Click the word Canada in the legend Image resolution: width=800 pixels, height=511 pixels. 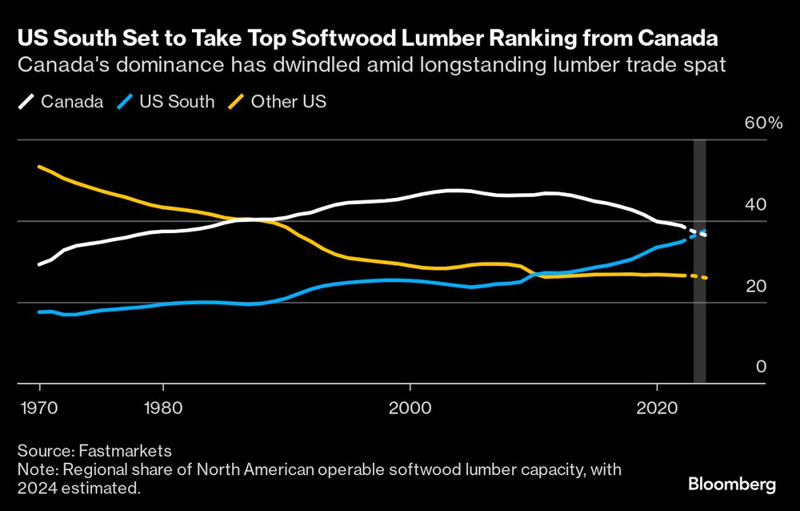tap(72, 102)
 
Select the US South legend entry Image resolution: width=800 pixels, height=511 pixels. tap(177, 102)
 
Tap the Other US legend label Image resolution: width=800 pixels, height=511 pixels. tap(288, 102)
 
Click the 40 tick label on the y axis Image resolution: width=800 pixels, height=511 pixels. tap(756, 205)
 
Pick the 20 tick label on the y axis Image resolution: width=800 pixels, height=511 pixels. tap(756, 287)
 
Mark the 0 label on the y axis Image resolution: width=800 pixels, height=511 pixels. tap(761, 367)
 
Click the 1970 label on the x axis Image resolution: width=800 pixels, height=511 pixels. tap(39, 405)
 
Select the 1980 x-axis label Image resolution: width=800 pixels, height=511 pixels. tap(162, 405)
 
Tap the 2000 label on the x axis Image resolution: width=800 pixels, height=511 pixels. tap(410, 405)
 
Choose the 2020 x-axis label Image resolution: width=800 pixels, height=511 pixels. tap(657, 405)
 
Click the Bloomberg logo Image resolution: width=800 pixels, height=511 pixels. tap(732, 484)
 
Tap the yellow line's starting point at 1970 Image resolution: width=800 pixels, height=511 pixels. tap(39, 167)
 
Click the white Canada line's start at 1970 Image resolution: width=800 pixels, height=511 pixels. tap(39, 264)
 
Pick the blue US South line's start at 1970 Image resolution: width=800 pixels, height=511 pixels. tap(39, 312)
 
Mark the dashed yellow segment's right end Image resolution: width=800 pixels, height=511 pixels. tap(706, 278)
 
